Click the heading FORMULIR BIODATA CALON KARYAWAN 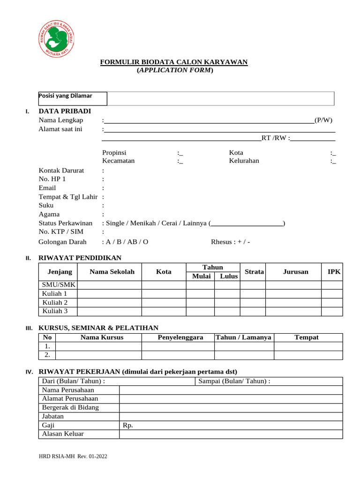pyautogui.click(x=174, y=62)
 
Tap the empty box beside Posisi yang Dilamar pyautogui.click(x=220, y=98)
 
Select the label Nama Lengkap pyautogui.click(x=61, y=120)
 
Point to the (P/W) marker pyautogui.click(x=323, y=120)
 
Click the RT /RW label pyautogui.click(x=275, y=138)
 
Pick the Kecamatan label pyautogui.click(x=119, y=161)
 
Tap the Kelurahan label pyautogui.click(x=244, y=161)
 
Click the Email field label pyautogui.click(x=47, y=187)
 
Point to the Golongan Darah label pyautogui.click(x=62, y=242)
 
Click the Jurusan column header pyautogui.click(x=295, y=272)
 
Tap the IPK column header pyautogui.click(x=334, y=272)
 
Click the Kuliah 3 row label pyautogui.click(x=55, y=311)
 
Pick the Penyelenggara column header pyautogui.click(x=180, y=337)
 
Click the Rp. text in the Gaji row pyautogui.click(x=128, y=425)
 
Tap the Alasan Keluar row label pyautogui.click(x=63, y=434)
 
